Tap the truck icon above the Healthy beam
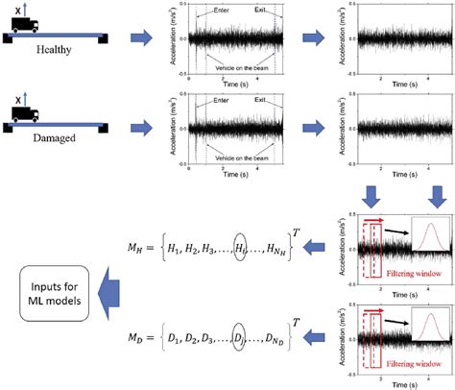pyautogui.click(x=25, y=26)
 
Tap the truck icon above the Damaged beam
pyautogui.click(x=25, y=115)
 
